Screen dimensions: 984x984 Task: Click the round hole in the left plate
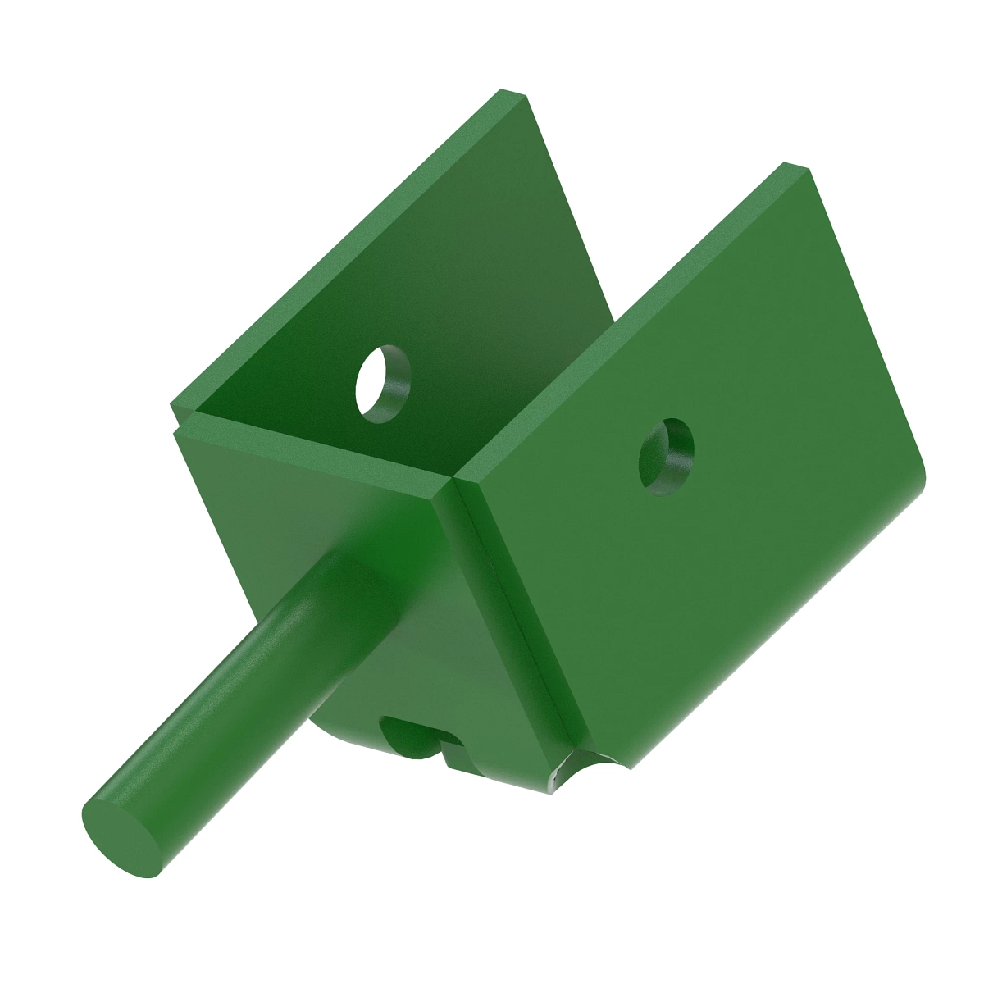tap(382, 383)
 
